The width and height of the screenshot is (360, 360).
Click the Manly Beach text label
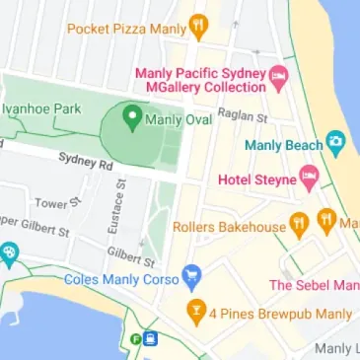point(283,146)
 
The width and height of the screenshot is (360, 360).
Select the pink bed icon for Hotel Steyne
point(310,180)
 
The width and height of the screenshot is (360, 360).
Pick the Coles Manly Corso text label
point(122,278)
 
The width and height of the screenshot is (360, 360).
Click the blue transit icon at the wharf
point(150,339)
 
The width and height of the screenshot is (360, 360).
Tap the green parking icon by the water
point(135,339)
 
